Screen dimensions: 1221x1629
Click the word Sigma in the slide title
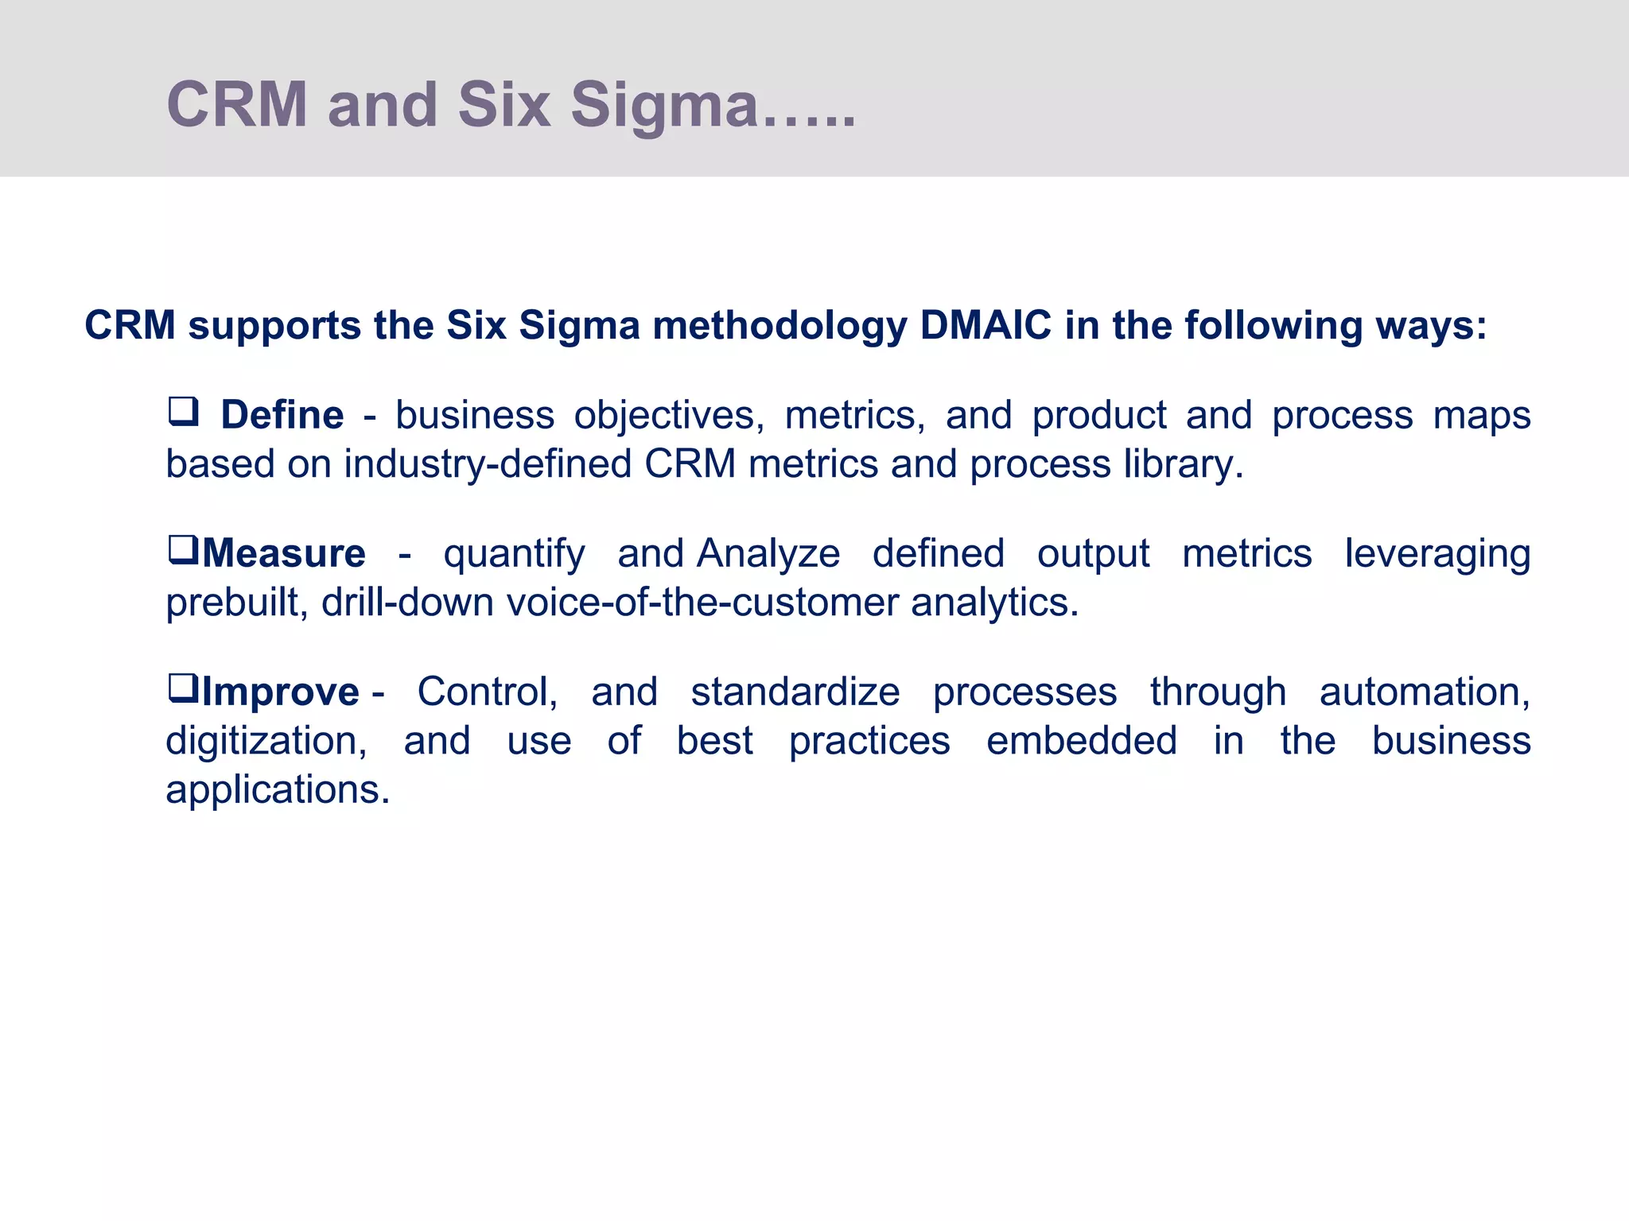tap(664, 106)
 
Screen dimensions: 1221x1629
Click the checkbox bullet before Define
tap(183, 413)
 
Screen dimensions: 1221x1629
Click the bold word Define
tap(282, 415)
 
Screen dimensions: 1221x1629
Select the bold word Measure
tap(284, 553)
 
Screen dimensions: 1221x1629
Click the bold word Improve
tap(281, 692)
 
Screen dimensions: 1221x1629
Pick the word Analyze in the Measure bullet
tap(768, 554)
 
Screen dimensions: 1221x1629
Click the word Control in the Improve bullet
tap(487, 692)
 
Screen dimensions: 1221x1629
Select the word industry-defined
tap(488, 464)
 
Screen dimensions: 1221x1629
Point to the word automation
tap(1424, 692)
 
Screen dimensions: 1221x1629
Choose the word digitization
tap(266, 741)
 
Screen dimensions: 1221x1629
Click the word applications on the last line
tap(277, 790)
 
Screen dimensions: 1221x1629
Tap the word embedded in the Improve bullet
tap(1081, 741)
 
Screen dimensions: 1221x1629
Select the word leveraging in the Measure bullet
tap(1437, 554)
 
